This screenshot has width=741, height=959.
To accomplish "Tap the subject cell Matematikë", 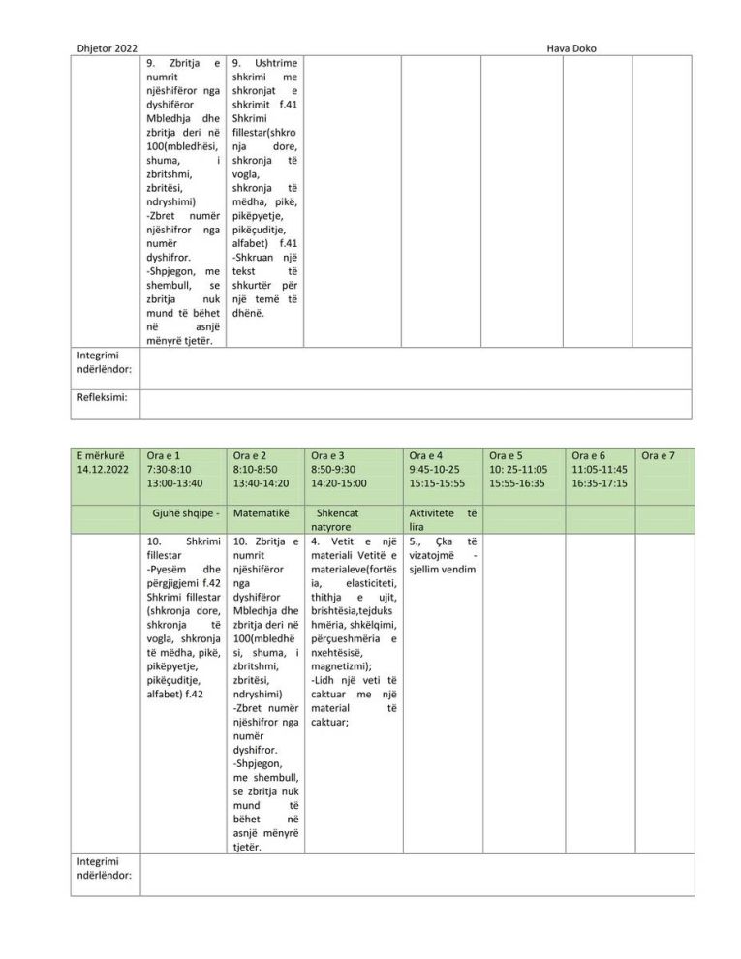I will tap(262, 512).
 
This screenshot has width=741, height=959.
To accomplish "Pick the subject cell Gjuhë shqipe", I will tap(181, 512).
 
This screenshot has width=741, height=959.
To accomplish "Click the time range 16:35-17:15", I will tap(600, 483).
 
